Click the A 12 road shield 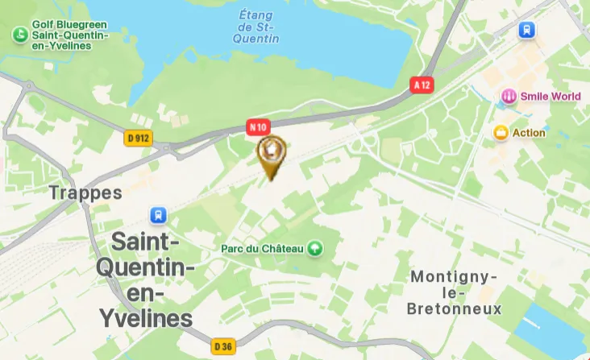(421, 85)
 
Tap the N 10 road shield (258, 126)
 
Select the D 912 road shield (139, 139)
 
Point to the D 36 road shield (224, 346)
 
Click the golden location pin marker (272, 153)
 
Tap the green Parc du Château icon (315, 249)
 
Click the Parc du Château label (262, 249)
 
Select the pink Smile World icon (509, 97)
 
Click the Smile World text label (551, 97)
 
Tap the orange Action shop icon (501, 133)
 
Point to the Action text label (529, 133)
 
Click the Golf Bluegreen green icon (19, 35)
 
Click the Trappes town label (85, 192)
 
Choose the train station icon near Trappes (158, 215)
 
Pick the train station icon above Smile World (527, 31)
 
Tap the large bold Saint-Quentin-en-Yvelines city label (146, 279)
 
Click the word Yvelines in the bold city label (146, 318)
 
